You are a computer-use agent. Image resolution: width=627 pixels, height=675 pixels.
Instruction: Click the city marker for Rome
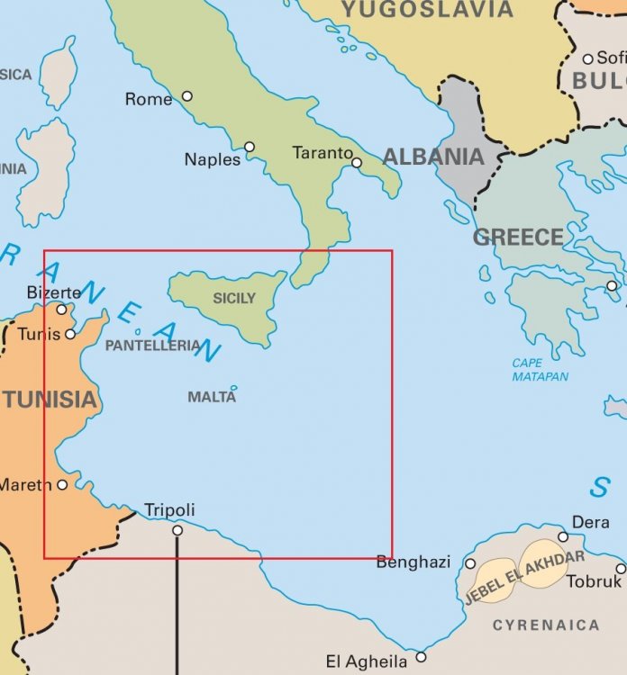tap(187, 96)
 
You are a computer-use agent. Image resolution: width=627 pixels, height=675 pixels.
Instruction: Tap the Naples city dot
tap(250, 147)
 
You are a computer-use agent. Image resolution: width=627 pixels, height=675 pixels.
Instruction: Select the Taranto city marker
tap(357, 163)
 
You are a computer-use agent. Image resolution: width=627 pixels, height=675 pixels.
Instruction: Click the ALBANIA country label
tap(433, 157)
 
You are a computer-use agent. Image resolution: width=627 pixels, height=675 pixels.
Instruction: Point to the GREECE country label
tap(518, 238)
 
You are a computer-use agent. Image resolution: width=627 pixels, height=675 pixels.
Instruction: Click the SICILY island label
tap(234, 299)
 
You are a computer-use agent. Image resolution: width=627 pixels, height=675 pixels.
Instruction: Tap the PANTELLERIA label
tap(152, 346)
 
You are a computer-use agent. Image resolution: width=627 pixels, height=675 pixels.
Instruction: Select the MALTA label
tap(212, 397)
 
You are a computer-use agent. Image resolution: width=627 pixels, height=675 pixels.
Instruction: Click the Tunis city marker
tap(70, 334)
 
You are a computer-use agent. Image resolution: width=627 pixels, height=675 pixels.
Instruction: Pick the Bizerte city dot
tap(61, 310)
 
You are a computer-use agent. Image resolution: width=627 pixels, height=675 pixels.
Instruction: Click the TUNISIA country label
tap(49, 400)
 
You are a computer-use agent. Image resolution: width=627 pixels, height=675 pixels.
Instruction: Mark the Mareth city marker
tap(62, 484)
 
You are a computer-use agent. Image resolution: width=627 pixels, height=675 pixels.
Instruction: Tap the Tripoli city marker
tap(177, 530)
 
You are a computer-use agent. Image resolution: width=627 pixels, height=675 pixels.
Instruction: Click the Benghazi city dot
tap(470, 563)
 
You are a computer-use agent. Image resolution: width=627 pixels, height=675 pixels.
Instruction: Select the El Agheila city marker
tap(421, 656)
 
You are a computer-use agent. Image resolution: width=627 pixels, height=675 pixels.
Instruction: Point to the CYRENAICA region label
tap(546, 625)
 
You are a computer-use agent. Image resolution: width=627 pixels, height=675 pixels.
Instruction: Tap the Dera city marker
tap(563, 537)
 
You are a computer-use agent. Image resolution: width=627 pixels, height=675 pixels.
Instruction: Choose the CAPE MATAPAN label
tap(541, 370)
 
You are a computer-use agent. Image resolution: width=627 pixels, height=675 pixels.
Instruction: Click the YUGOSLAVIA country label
tap(427, 11)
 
